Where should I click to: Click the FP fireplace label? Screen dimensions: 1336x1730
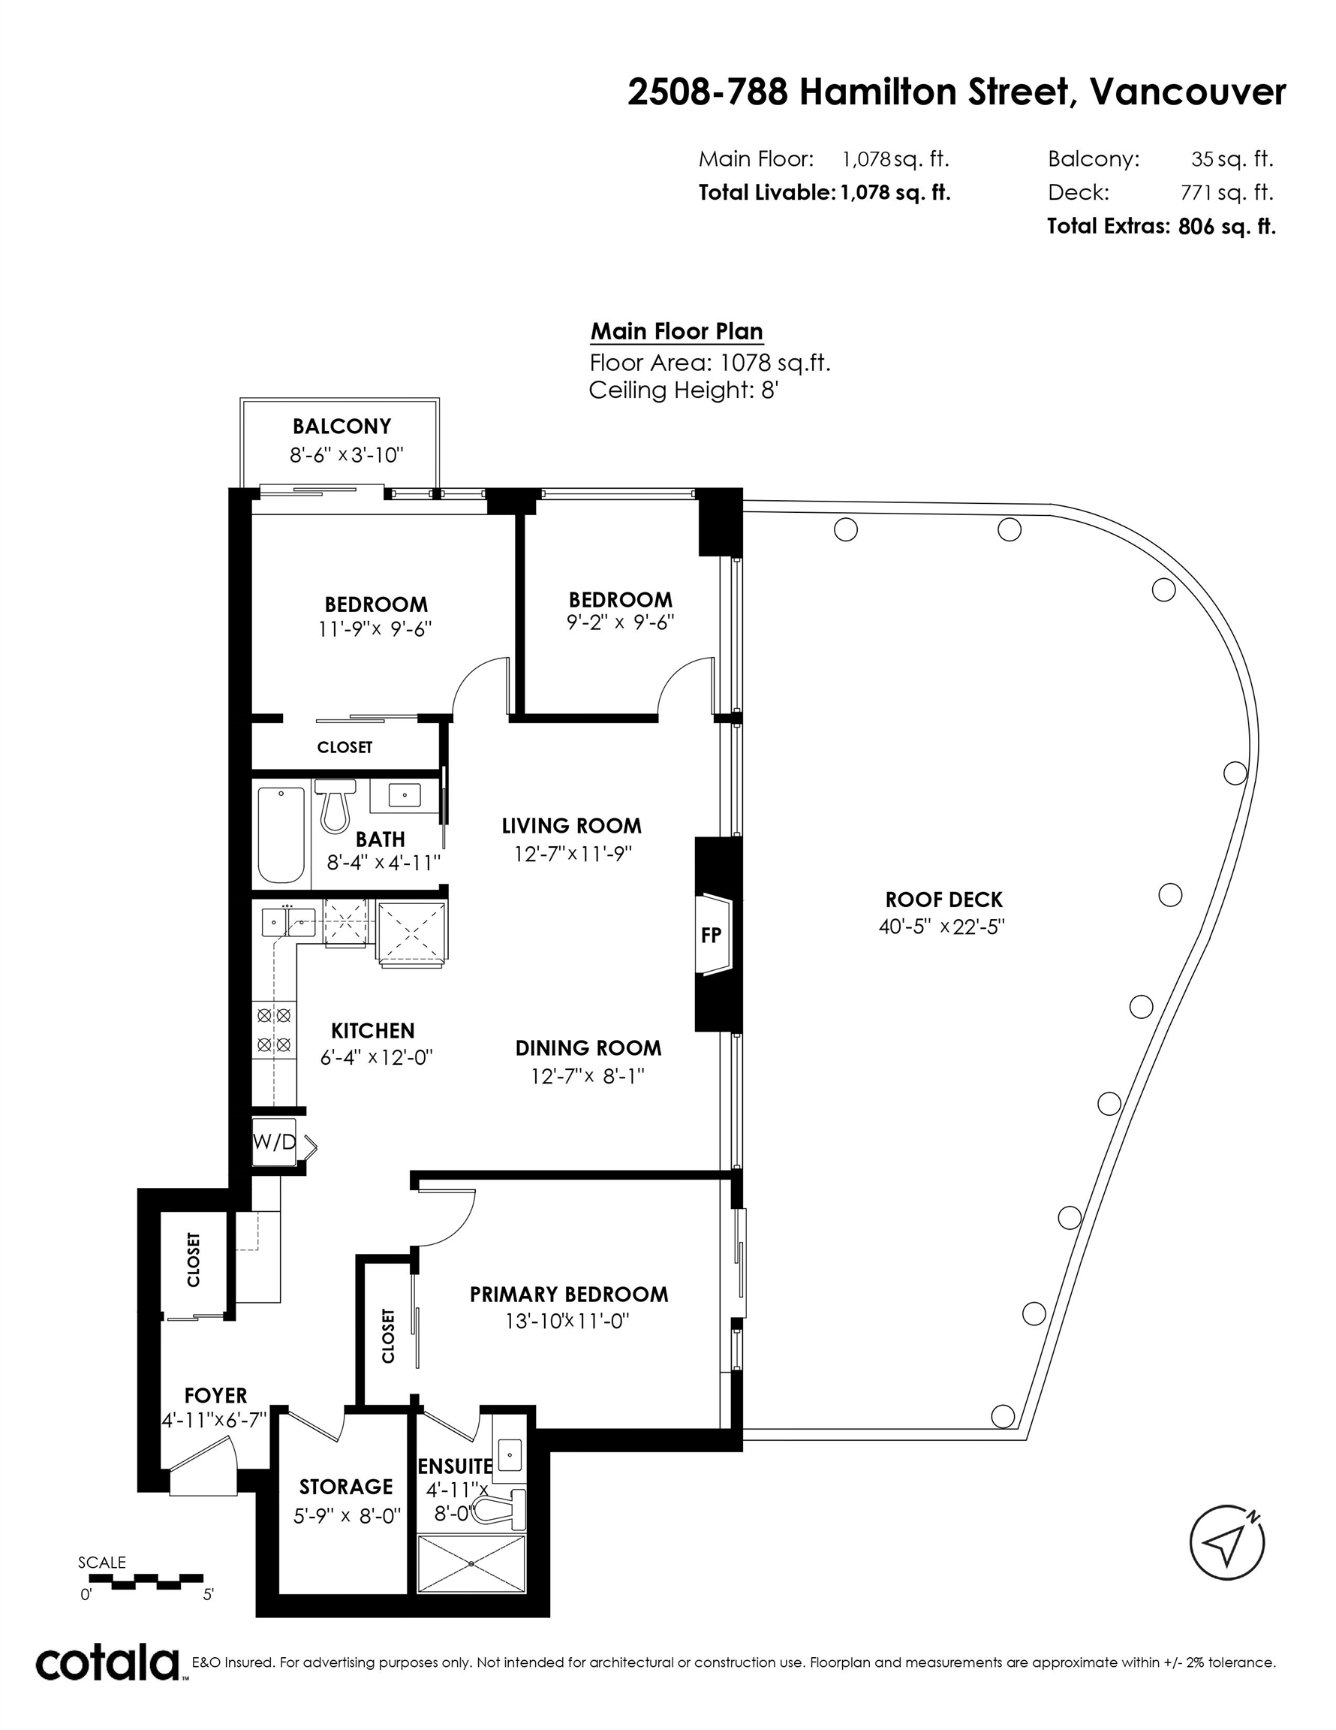point(712,935)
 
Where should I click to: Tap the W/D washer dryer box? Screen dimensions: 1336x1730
point(274,1141)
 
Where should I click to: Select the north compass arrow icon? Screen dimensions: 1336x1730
point(1226,1542)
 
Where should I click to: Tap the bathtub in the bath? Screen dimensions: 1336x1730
point(281,834)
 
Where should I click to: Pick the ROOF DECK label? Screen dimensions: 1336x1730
point(944,900)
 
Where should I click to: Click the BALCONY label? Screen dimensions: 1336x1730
point(342,427)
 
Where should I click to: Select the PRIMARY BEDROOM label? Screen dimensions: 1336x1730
point(570,1294)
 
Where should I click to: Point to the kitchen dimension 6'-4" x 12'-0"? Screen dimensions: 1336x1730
point(377,1057)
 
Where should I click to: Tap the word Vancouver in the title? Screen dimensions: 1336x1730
point(1188,92)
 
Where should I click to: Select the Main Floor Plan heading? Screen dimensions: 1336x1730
point(677,331)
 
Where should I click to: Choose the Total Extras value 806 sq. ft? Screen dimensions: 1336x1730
point(1226,227)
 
